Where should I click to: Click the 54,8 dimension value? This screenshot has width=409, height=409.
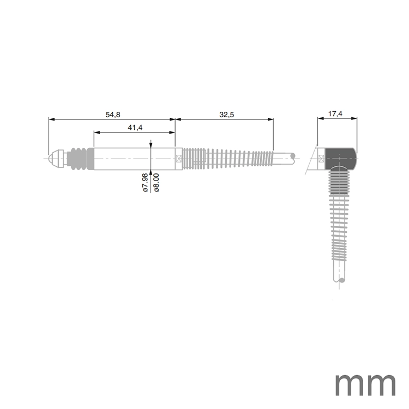(x=113, y=115)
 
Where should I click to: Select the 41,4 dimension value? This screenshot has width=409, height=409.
(x=135, y=128)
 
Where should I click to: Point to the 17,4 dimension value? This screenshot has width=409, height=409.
(x=335, y=114)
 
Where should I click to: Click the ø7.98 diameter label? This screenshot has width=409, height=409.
(x=145, y=182)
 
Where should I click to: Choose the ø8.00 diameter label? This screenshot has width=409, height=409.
(x=156, y=182)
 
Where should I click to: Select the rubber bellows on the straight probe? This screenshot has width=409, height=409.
(x=80, y=158)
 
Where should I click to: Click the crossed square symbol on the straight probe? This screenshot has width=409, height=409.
(x=178, y=158)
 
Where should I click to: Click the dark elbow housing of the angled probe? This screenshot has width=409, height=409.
(x=342, y=158)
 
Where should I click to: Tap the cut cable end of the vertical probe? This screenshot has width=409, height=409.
(x=341, y=280)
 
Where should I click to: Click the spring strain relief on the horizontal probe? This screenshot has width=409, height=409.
(x=226, y=158)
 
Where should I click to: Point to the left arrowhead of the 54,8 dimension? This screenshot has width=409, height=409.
(x=51, y=119)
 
